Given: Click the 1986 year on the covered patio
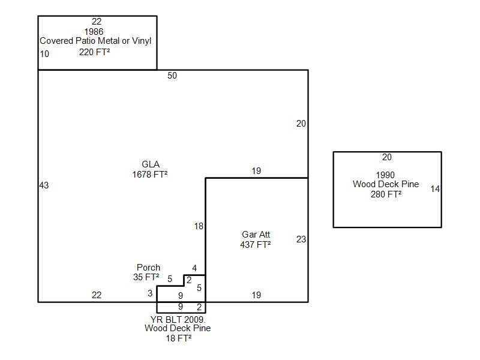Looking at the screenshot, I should [x=94, y=32].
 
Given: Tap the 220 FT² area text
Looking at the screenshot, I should [x=94, y=52].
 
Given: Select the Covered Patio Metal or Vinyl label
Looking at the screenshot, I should [x=95, y=41].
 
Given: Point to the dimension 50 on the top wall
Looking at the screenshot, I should [x=172, y=76].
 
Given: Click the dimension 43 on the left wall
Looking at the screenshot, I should [x=44, y=185].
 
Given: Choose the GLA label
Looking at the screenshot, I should [x=151, y=164].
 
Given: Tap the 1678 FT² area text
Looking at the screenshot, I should [x=150, y=175].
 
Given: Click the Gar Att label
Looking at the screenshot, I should [x=256, y=235].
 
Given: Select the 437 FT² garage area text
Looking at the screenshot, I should [x=256, y=244].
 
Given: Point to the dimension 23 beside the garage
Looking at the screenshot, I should [x=301, y=239].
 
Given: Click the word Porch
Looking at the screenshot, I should [x=148, y=268].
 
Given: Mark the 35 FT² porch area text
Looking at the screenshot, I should [x=146, y=277].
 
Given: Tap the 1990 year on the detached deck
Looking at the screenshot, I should [x=386, y=175].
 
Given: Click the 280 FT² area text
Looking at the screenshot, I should [x=386, y=194].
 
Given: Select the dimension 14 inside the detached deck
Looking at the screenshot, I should [x=435, y=189].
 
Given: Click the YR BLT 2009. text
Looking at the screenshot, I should [x=178, y=319].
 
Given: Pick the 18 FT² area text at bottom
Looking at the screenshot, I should [x=179, y=338].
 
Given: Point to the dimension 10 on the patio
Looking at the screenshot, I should [x=44, y=54].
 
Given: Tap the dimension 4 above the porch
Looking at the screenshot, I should [x=194, y=268].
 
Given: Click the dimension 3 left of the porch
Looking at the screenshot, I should [x=150, y=293].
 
